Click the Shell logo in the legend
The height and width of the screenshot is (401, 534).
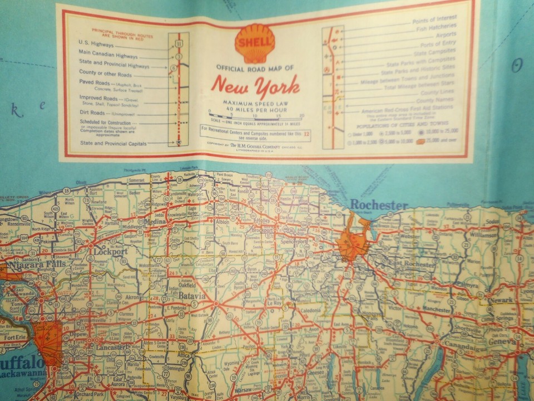[x=255, y=42]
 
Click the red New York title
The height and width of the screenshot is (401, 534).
[x=255, y=85]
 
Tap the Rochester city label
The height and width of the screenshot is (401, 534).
[x=379, y=205]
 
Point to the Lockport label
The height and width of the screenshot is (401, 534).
[x=111, y=251]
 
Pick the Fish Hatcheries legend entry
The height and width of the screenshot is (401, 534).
[x=434, y=26]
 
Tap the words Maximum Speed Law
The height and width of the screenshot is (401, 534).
[x=255, y=104]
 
